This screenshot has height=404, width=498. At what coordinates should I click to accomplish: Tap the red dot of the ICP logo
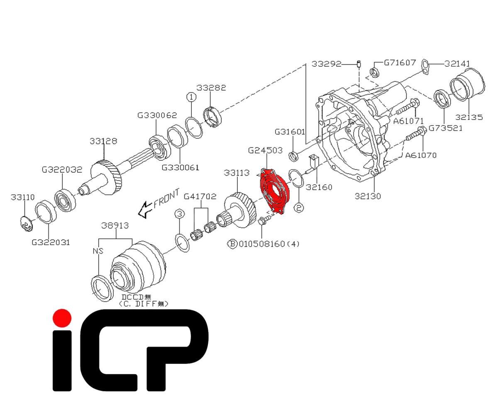click(x=62, y=318)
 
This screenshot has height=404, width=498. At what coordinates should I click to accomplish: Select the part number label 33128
click(x=103, y=141)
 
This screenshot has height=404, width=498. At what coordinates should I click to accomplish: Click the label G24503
click(x=265, y=150)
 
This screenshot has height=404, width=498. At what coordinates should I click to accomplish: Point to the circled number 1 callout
click(x=191, y=97)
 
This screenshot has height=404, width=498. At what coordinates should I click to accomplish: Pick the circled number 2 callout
click(x=299, y=208)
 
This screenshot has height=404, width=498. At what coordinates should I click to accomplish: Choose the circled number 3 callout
click(x=180, y=214)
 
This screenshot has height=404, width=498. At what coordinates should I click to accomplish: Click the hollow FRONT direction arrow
click(x=145, y=210)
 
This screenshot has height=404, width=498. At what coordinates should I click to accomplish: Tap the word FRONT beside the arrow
click(x=166, y=198)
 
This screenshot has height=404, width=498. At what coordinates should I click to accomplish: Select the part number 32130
click(x=368, y=196)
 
